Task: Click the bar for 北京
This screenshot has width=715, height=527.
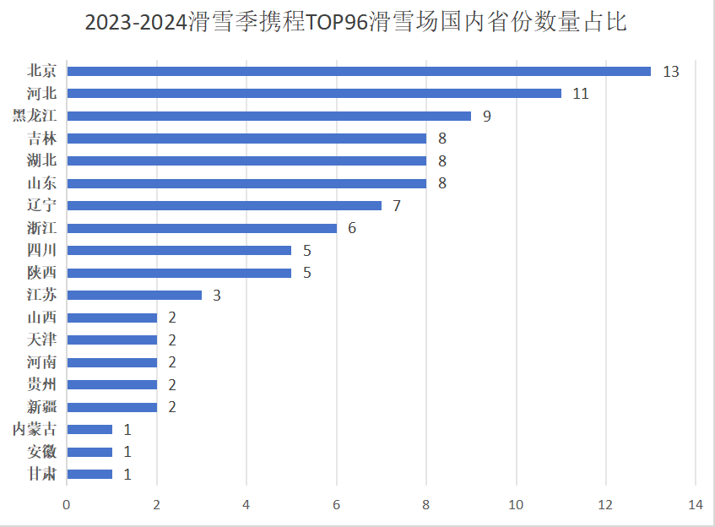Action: pyautogui.click(x=359, y=71)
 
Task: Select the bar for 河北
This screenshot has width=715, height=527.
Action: pyautogui.click(x=314, y=93)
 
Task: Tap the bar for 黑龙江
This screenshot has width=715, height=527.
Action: pyautogui.click(x=268, y=116)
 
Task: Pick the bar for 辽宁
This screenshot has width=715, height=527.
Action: pyautogui.click(x=224, y=205)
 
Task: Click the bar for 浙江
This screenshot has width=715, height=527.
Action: pyautogui.click(x=202, y=228)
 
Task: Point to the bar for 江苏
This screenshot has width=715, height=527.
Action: pyautogui.click(x=134, y=295)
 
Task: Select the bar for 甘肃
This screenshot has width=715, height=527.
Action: pyautogui.click(x=89, y=474)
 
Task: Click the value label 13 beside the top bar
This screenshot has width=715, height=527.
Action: pyautogui.click(x=671, y=72)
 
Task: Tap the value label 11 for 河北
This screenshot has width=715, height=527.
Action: pyautogui.click(x=580, y=94)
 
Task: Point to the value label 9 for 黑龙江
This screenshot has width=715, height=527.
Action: pyautogui.click(x=487, y=117)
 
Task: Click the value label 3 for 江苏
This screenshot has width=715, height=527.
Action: pyautogui.click(x=217, y=296)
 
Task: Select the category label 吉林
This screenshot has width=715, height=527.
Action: pyautogui.click(x=41, y=139)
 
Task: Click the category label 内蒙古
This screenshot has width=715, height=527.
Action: pyautogui.click(x=35, y=429)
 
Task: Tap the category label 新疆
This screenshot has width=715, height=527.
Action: pyautogui.click(x=41, y=407)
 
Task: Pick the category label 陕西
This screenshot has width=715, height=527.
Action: pyautogui.click(x=41, y=273)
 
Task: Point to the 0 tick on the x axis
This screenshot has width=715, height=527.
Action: pyautogui.click(x=67, y=505)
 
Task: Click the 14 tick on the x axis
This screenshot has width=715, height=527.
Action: pyautogui.click(x=695, y=505)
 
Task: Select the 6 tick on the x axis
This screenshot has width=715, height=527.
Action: pyautogui.click(x=336, y=505)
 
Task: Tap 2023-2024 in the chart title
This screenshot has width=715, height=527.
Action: pyautogui.click(x=137, y=23)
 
